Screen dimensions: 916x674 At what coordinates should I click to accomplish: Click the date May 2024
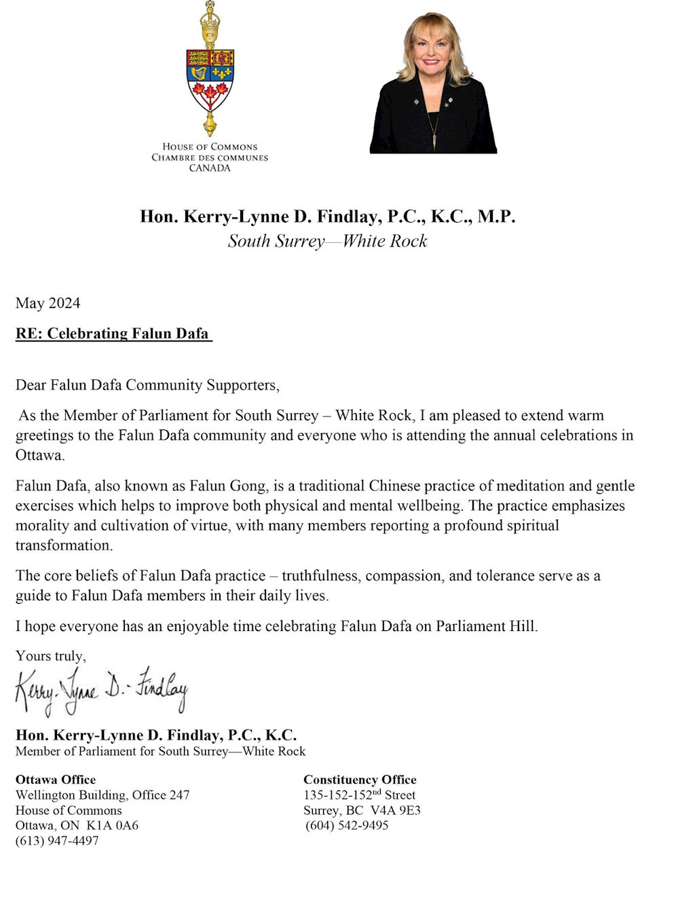pos(48,303)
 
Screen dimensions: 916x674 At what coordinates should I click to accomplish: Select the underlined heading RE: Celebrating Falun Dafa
pos(113,333)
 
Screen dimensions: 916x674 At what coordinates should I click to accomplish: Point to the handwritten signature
pos(102,690)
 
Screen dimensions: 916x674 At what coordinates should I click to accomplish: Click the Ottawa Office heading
pos(56,780)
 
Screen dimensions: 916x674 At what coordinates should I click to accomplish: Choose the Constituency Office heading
pos(360,780)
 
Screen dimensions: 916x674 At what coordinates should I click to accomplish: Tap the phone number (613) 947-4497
pos(57,840)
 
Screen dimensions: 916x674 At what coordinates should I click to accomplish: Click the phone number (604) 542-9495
pos(347,825)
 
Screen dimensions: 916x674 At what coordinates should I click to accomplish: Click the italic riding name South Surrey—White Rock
pos(327,241)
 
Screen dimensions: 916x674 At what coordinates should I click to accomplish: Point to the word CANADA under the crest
pos(210,168)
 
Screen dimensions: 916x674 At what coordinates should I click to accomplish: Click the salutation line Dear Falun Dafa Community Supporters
pos(147,385)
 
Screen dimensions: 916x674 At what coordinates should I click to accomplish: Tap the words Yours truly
pos(51,655)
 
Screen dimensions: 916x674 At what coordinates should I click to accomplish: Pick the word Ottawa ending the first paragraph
pos(39,455)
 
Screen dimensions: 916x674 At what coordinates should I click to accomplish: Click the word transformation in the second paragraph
pos(64,545)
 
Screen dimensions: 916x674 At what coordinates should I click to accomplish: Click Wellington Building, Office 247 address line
pos(102,795)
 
